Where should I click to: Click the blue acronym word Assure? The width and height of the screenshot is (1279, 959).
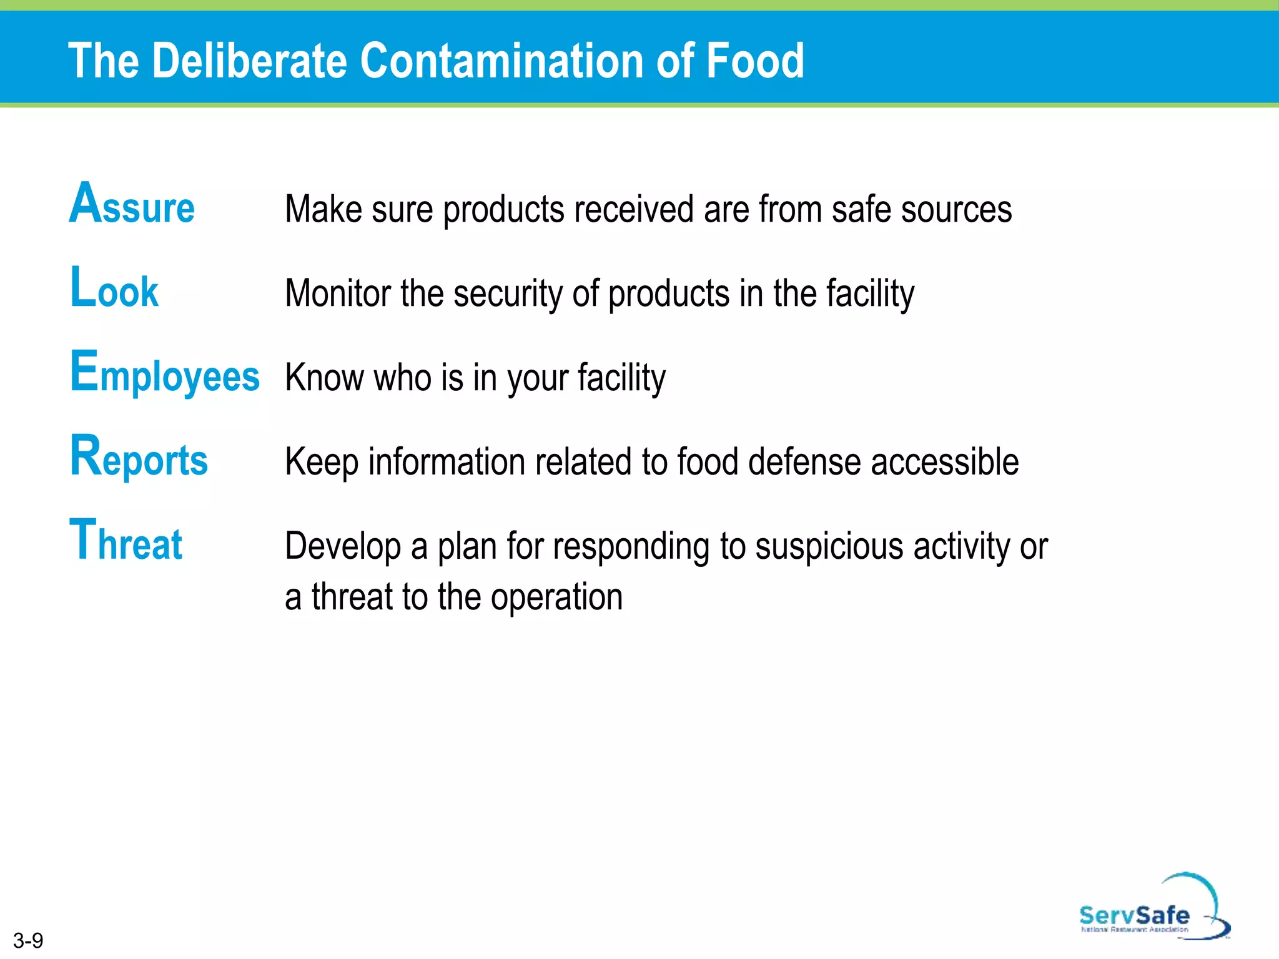[132, 204]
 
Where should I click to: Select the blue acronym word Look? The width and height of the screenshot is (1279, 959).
[114, 288]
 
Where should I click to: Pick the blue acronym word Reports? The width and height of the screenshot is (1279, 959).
[139, 458]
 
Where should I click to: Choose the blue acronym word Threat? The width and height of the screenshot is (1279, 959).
[126, 541]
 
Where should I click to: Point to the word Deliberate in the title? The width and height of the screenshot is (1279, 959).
[249, 61]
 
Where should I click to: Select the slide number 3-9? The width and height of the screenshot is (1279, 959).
[28, 940]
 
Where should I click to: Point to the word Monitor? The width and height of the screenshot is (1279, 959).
[338, 293]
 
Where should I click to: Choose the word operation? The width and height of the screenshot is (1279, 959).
[556, 598]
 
